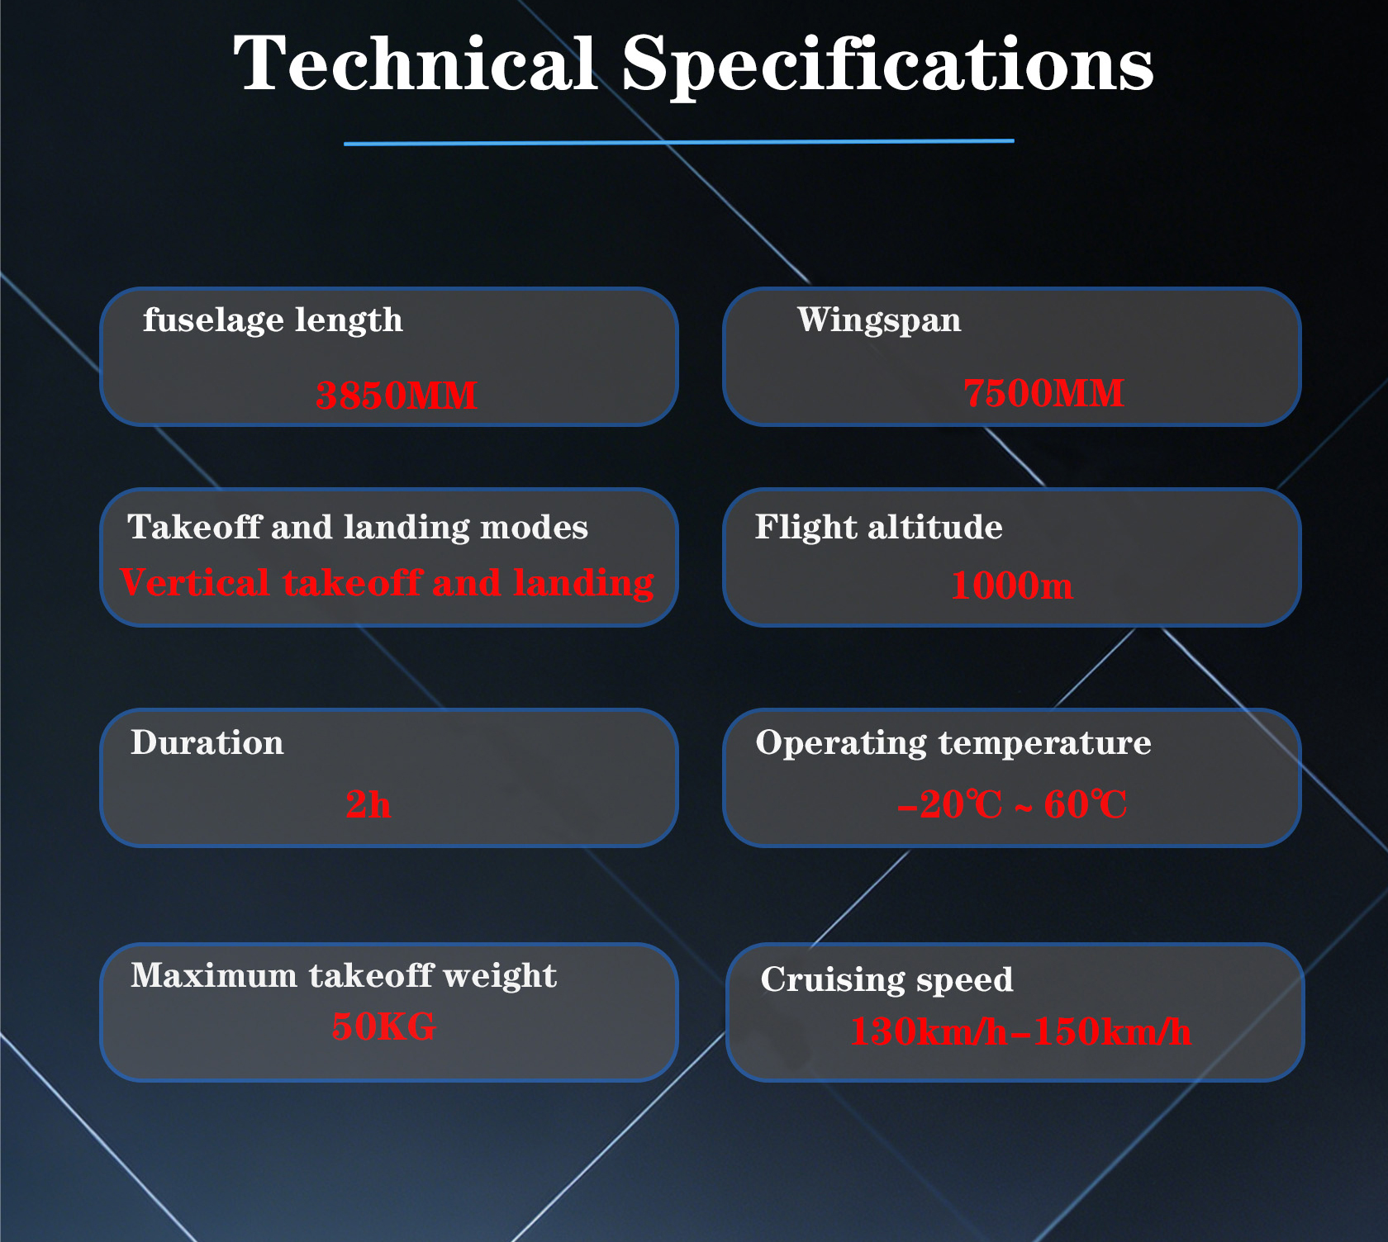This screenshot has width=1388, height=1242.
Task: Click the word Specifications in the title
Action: pos(888,66)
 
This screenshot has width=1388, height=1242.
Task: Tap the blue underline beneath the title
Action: pos(678,142)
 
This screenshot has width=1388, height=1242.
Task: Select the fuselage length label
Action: pos(273,320)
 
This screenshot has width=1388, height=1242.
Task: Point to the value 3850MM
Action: pos(397,395)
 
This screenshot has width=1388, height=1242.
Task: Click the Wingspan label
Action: pos(879,320)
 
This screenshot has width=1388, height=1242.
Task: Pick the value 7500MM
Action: pos(1043,392)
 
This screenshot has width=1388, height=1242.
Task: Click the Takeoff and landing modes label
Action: pos(358,527)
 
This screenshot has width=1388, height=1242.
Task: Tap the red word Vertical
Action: pos(195,582)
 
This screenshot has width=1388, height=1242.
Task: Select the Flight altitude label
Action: pos(879,528)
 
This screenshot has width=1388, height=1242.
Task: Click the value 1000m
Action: pos(1012,585)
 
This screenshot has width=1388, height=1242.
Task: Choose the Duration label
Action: pos(207,742)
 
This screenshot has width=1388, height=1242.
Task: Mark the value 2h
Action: pos(368,804)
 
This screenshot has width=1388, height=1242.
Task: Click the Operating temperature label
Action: pos(953,743)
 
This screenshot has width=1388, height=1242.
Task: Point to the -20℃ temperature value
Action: pos(950,804)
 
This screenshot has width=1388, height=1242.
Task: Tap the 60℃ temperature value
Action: pos(1086,804)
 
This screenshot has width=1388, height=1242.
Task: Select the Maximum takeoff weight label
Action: pos(344,976)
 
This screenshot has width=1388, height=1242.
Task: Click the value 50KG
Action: pos(383,1026)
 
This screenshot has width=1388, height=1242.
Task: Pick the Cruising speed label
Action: pos(887,980)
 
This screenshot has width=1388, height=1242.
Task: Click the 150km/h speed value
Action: pos(1112,1031)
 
